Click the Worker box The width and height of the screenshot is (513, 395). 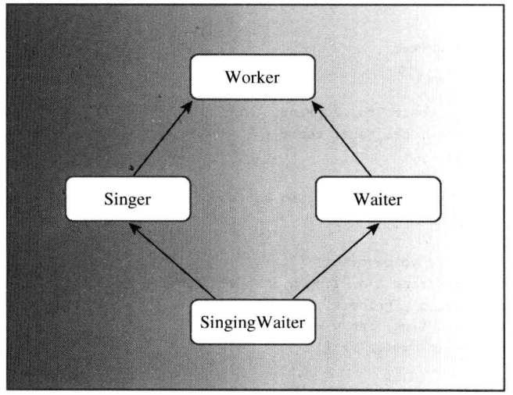[253, 79]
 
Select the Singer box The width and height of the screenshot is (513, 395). [127, 198]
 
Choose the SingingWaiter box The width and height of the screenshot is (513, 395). [254, 321]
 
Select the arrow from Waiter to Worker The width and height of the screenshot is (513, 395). [345, 138]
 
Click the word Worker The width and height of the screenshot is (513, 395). [252, 79]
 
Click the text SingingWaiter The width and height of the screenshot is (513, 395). [254, 321]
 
